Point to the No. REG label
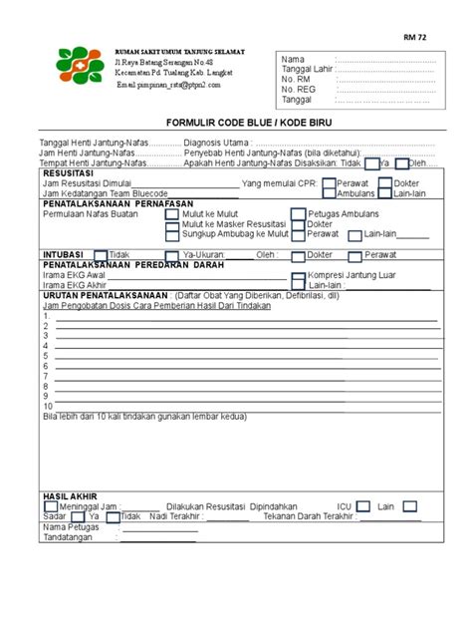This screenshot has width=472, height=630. coord(300,90)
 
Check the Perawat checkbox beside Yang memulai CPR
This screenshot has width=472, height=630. coord(329,183)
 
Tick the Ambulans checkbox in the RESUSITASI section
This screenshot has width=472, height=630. coord(329,193)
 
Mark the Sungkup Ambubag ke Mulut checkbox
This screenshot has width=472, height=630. coord(173,235)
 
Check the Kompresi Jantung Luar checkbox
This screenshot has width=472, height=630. coord(299,275)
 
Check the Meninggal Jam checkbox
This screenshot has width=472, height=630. coord(50,506)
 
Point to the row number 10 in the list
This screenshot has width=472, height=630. coord(48,406)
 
